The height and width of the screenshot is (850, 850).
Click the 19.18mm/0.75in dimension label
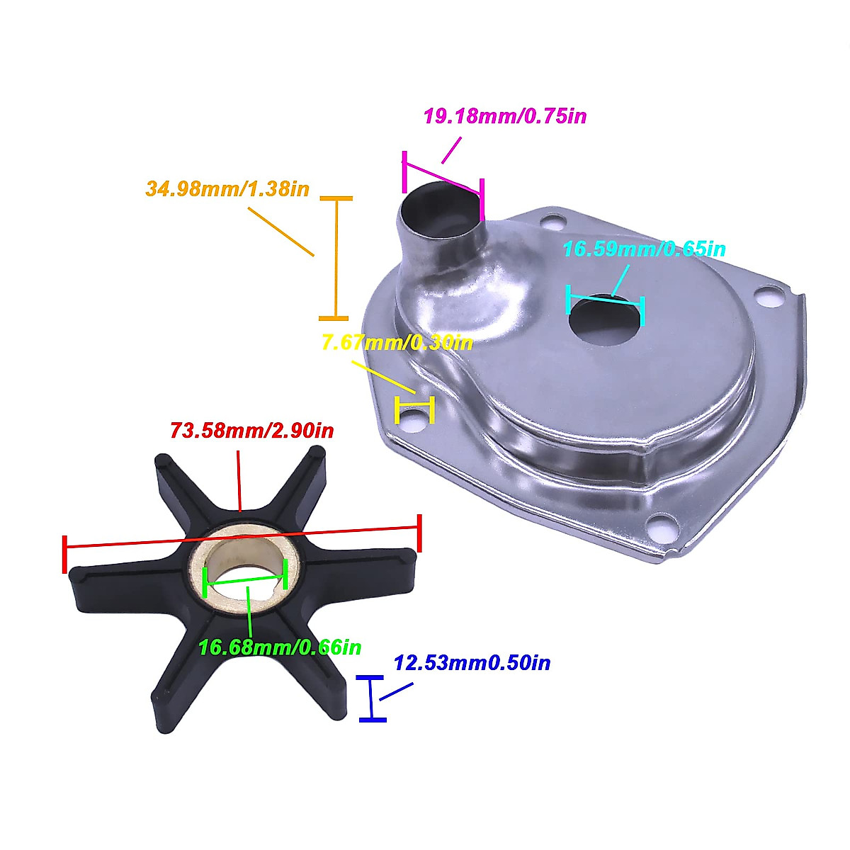(505, 115)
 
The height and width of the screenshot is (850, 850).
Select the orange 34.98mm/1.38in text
(227, 189)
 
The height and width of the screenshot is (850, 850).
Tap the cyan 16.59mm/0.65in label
(644, 249)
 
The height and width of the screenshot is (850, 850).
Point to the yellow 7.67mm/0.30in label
(397, 343)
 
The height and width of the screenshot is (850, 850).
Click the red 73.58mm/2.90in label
(252, 430)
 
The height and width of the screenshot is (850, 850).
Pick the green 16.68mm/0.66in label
(280, 647)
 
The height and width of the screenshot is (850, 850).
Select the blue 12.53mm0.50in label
(472, 663)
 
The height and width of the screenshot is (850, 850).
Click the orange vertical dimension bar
(336, 258)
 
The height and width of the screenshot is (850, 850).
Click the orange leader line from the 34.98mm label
(280, 231)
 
